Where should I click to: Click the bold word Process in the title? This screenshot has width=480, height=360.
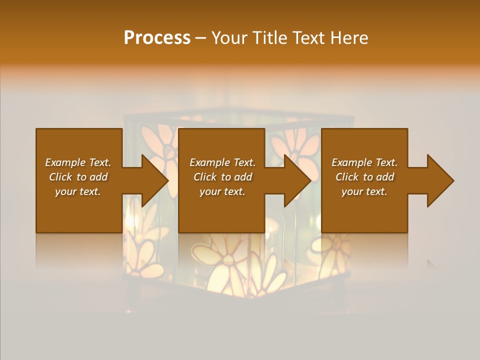click(157, 38)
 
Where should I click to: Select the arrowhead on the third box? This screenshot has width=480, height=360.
click(439, 180)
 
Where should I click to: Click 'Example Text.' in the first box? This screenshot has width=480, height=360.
click(78, 162)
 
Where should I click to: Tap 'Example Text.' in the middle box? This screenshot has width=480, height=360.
click(222, 162)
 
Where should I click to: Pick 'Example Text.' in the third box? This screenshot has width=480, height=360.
click(364, 162)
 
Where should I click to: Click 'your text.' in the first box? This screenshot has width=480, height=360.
click(78, 191)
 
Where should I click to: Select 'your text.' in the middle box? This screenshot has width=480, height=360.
click(222, 191)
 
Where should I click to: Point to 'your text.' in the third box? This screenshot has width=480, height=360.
click(364, 191)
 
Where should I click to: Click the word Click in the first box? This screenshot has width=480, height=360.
click(60, 177)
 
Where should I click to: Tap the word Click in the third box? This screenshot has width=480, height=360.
click(347, 177)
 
